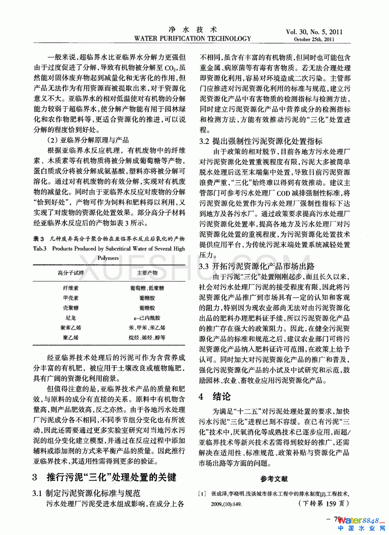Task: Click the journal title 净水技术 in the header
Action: pos(192,30)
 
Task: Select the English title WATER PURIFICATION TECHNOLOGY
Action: pos(192,38)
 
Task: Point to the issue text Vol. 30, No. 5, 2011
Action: pos(314,32)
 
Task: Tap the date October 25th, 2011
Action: pos(314,39)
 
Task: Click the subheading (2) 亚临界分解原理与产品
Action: pos(88,140)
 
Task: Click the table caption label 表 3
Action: pos(38,238)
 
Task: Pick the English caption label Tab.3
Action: pos(40,248)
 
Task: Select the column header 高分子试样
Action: pos(71,273)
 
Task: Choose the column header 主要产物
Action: pos(147,273)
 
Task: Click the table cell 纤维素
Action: pos(71,288)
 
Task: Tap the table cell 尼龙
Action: pos(71,318)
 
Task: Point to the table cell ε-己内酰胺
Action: pos(147,318)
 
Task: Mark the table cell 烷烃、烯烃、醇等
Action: pos(147,338)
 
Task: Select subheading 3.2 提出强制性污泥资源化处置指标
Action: pos(261,141)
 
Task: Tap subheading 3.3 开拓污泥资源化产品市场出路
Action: pos(257,266)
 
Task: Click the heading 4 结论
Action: pos(215,396)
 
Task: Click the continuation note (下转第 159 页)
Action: pos(323,503)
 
